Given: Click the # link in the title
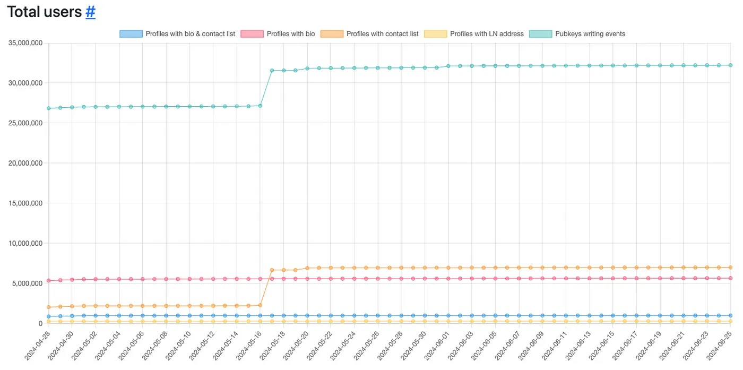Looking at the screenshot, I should (x=90, y=12).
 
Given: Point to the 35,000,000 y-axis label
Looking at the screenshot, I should (x=25, y=43).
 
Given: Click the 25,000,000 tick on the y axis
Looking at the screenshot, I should (x=25, y=123).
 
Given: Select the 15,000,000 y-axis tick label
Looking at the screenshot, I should (x=25, y=203).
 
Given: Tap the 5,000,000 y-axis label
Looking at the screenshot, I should (x=27, y=283).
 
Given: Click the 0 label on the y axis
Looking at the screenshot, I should (x=40, y=323).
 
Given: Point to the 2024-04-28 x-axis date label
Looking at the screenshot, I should (x=37, y=345).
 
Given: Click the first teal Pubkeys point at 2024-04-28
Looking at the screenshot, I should (x=49, y=108).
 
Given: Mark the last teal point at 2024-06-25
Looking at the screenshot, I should (x=731, y=65).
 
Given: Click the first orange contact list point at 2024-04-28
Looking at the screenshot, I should (x=49, y=307).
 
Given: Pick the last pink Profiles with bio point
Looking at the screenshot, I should (x=731, y=278).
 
